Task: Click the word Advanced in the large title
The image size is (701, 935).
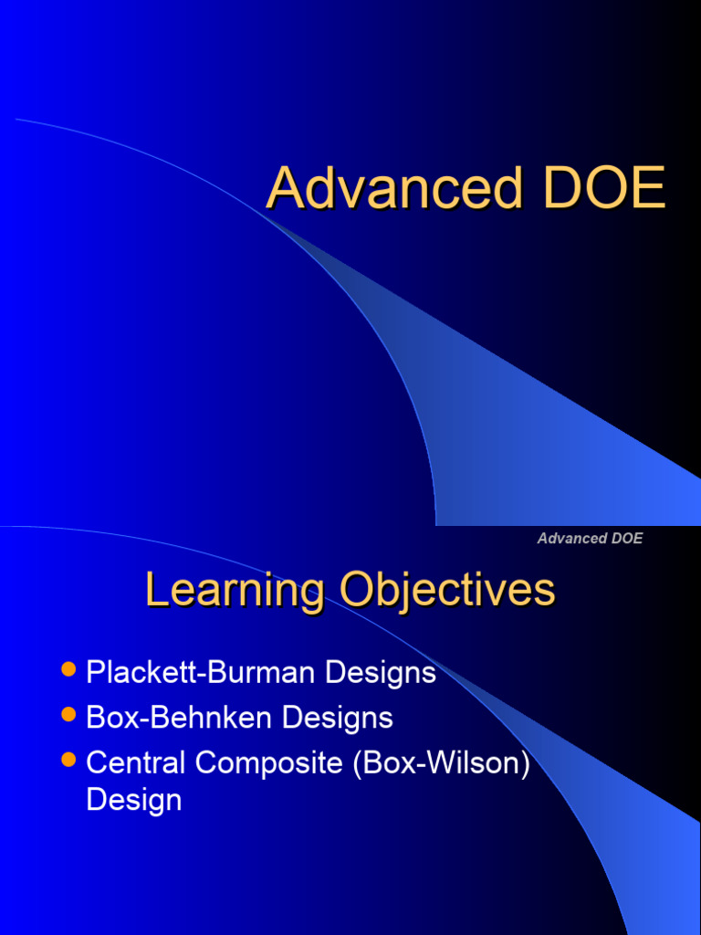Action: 394,189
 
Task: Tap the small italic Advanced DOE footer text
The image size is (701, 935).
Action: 590,538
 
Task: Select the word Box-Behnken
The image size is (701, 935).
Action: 180,718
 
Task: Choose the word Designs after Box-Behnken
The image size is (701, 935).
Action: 337,718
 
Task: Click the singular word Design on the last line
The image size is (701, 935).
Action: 133,800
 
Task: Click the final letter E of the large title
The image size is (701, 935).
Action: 649,189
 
